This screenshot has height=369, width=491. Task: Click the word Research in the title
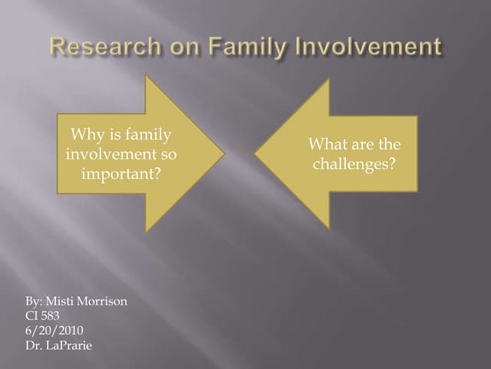click(99, 47)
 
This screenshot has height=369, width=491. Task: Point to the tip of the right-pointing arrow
click(223, 154)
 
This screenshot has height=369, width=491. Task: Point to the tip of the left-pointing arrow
click(256, 154)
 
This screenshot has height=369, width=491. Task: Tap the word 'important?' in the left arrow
click(121, 173)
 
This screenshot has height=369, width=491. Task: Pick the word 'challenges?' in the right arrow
click(354, 164)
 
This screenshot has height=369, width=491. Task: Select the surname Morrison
click(104, 301)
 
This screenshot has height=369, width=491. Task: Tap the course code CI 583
click(42, 315)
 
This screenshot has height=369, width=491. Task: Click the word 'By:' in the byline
click(35, 301)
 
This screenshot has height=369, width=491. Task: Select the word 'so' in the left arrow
click(168, 155)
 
